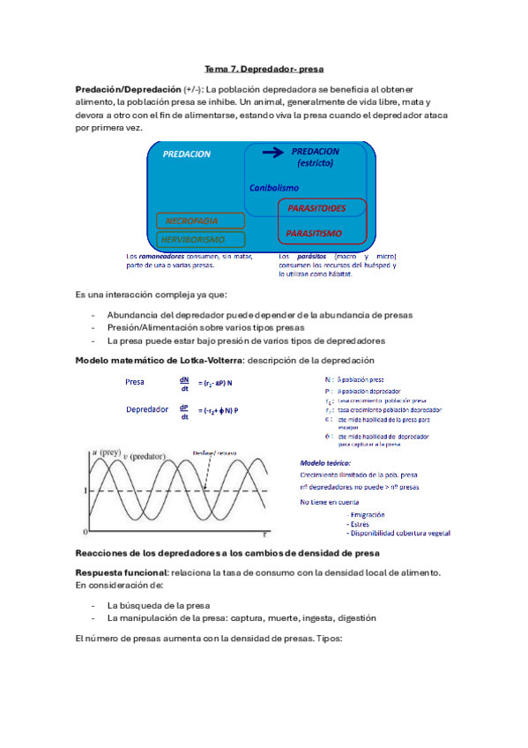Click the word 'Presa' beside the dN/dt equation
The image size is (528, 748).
click(135, 383)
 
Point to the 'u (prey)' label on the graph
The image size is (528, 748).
click(107, 452)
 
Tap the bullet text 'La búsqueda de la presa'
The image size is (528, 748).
click(158, 606)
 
